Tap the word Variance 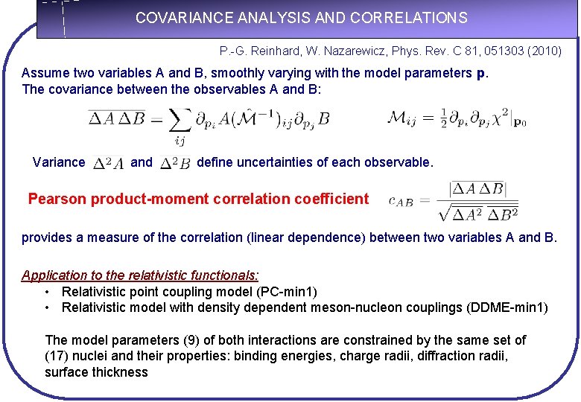(x=59, y=162)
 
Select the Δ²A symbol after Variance (x=109, y=162)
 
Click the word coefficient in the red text (x=331, y=199)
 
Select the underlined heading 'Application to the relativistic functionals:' (x=140, y=275)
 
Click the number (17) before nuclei (x=58, y=356)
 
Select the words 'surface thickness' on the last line (x=96, y=371)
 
